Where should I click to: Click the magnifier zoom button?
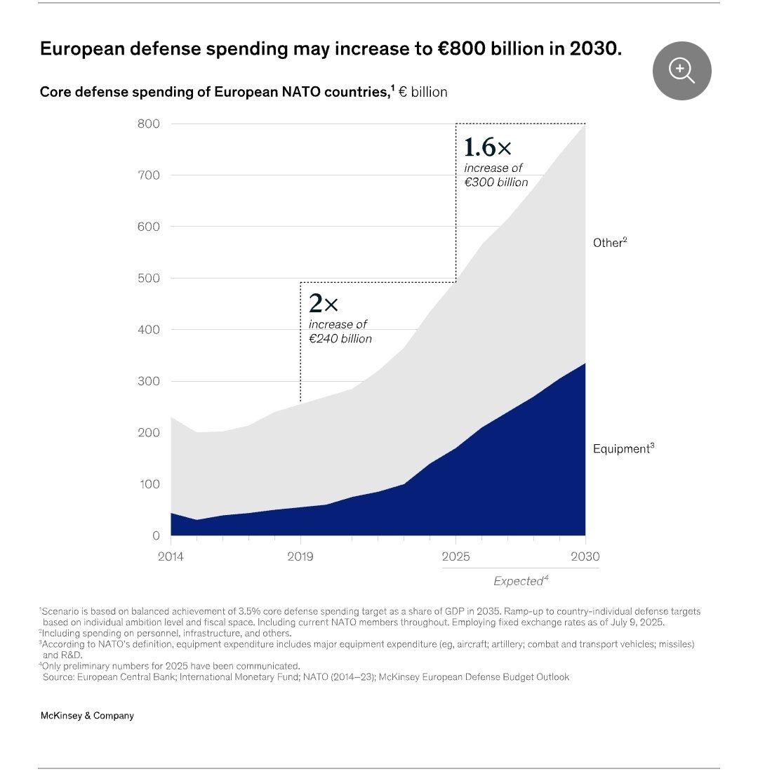pyautogui.click(x=681, y=70)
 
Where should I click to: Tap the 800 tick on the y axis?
pyautogui.click(x=148, y=124)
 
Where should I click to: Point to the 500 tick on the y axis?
pyautogui.click(x=148, y=279)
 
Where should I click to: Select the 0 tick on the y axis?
pyautogui.click(x=156, y=536)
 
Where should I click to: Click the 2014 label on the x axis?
pyautogui.click(x=171, y=557)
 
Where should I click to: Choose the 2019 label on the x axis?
pyautogui.click(x=300, y=557)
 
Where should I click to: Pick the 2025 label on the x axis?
pyautogui.click(x=456, y=557)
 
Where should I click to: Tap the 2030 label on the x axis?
pyautogui.click(x=585, y=557)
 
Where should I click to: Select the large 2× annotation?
pyautogui.click(x=324, y=304)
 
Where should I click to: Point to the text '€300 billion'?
pyautogui.click(x=496, y=182)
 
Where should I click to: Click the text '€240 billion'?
pyautogui.click(x=340, y=338)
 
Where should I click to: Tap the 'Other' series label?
pyautogui.click(x=608, y=243)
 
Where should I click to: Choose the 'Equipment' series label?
pyautogui.click(x=621, y=449)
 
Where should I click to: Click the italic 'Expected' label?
pyautogui.click(x=519, y=581)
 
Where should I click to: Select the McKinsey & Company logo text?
pyautogui.click(x=87, y=716)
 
